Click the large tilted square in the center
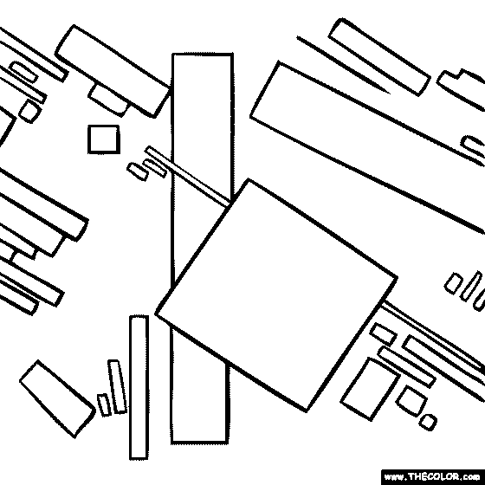tap(276, 294)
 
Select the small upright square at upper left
tap(104, 139)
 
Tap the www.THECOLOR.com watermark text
tap(433, 476)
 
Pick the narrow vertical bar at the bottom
tap(139, 387)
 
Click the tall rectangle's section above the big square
tap(202, 124)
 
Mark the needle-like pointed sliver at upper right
tap(343, 65)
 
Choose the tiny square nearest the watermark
tap(428, 423)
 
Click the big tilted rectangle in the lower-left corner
tap(57, 399)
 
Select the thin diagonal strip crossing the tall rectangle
tap(188, 176)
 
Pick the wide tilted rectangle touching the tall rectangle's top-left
tap(113, 71)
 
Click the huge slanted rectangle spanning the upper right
tap(368, 147)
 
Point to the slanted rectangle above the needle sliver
tap(379, 57)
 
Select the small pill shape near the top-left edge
tap(24, 72)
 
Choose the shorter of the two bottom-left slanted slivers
tap(104, 405)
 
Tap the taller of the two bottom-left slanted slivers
tap(118, 386)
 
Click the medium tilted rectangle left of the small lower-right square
tap(371, 389)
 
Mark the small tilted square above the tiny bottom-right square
tap(412, 401)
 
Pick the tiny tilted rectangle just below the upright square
tap(138, 171)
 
